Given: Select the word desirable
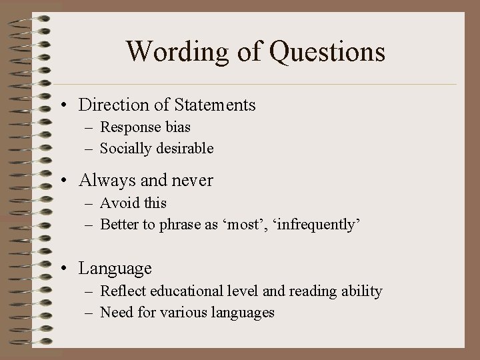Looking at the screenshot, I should click(185, 148).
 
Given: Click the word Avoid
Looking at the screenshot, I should click(118, 203).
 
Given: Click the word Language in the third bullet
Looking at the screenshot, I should click(115, 269).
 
